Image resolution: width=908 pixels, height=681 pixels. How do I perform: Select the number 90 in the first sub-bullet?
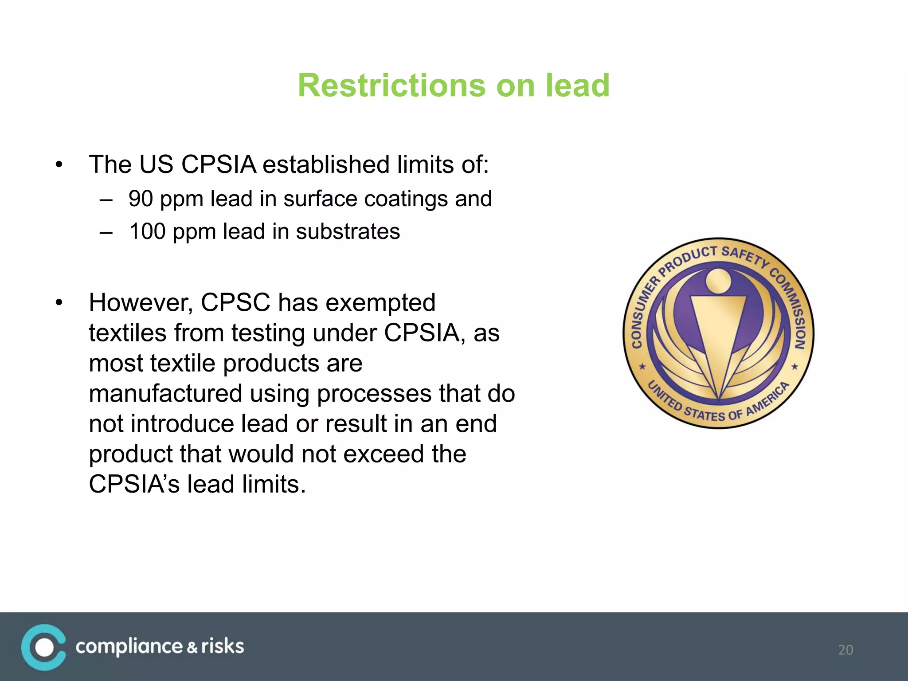pos(141,198)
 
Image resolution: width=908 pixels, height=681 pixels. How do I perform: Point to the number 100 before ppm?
pos(147,231)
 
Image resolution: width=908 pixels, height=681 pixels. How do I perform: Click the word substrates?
pos(348,231)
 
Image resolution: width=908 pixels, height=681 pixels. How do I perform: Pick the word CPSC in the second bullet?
pos(235,303)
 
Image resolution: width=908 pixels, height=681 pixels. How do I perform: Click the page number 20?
pos(845,650)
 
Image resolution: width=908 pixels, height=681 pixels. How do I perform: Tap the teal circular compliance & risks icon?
pos(43,647)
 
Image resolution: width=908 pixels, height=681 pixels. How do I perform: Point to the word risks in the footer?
pos(222,646)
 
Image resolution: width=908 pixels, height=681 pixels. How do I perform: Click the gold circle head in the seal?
pos(718,280)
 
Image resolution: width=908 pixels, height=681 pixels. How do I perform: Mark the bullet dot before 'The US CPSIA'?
pos(59,165)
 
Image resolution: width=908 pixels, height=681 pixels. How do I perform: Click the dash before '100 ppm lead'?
pos(106,232)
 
